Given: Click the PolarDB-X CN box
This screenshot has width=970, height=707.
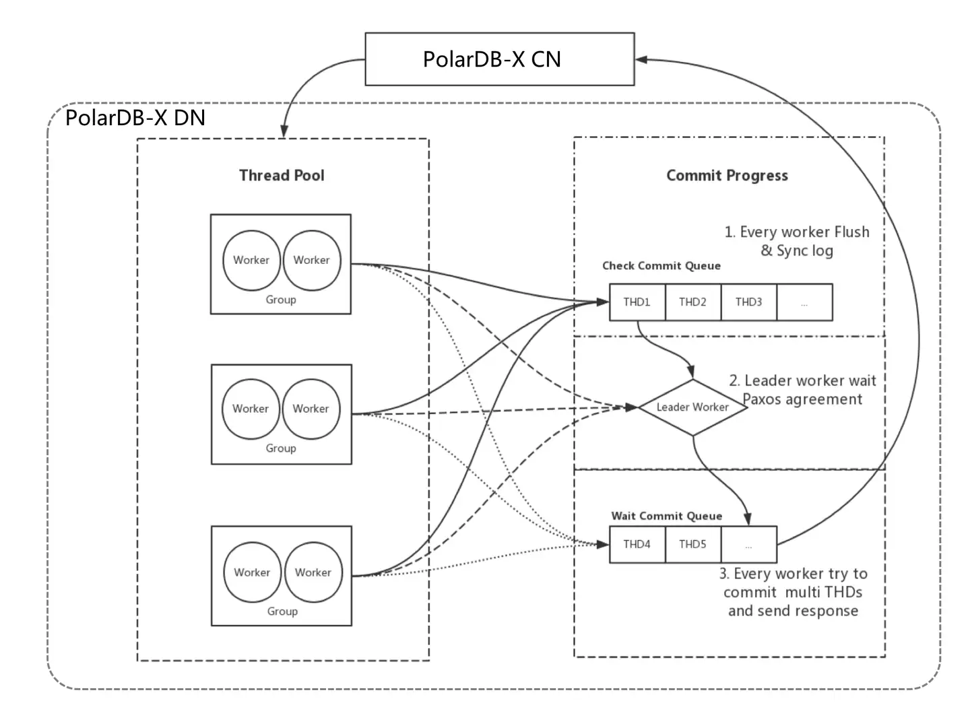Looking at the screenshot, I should pyautogui.click(x=499, y=59).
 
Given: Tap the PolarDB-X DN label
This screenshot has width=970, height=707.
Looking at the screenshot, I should pyautogui.click(x=135, y=118).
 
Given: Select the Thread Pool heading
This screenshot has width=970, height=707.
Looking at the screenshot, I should pyautogui.click(x=282, y=176).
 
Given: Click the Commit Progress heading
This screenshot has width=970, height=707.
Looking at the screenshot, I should pyautogui.click(x=727, y=176).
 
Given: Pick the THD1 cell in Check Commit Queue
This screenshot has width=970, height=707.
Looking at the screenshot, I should pyautogui.click(x=637, y=302).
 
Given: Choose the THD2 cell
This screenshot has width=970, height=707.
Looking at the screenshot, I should pyautogui.click(x=692, y=302).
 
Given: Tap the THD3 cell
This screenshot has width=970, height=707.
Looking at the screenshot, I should pyautogui.click(x=748, y=302).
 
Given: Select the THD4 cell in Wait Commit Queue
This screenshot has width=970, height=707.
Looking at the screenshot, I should pyautogui.click(x=637, y=544).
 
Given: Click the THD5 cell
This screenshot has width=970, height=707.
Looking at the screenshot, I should pyautogui.click(x=692, y=544).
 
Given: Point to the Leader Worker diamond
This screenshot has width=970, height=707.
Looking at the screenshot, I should pyautogui.click(x=692, y=407).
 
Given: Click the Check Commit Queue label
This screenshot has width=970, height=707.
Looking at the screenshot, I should pyautogui.click(x=661, y=266).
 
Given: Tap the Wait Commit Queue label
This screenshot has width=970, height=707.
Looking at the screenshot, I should pyautogui.click(x=666, y=516).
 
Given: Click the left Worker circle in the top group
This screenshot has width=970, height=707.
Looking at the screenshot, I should pyautogui.click(x=251, y=260).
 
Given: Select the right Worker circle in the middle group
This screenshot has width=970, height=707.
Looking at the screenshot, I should pyautogui.click(x=311, y=409).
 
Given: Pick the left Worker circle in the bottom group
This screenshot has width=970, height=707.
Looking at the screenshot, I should pyautogui.click(x=252, y=572).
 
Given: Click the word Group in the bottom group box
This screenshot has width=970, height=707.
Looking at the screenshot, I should pyautogui.click(x=282, y=611).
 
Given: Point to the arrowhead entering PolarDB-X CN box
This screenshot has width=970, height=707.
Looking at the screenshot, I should pyautogui.click(x=641, y=60).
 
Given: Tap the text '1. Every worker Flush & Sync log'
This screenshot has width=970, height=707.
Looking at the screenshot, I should pyautogui.click(x=797, y=241).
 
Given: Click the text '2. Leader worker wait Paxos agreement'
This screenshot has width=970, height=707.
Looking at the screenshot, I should pyautogui.click(x=802, y=390).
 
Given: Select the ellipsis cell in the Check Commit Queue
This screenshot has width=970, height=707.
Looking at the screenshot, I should pyautogui.click(x=804, y=302).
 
